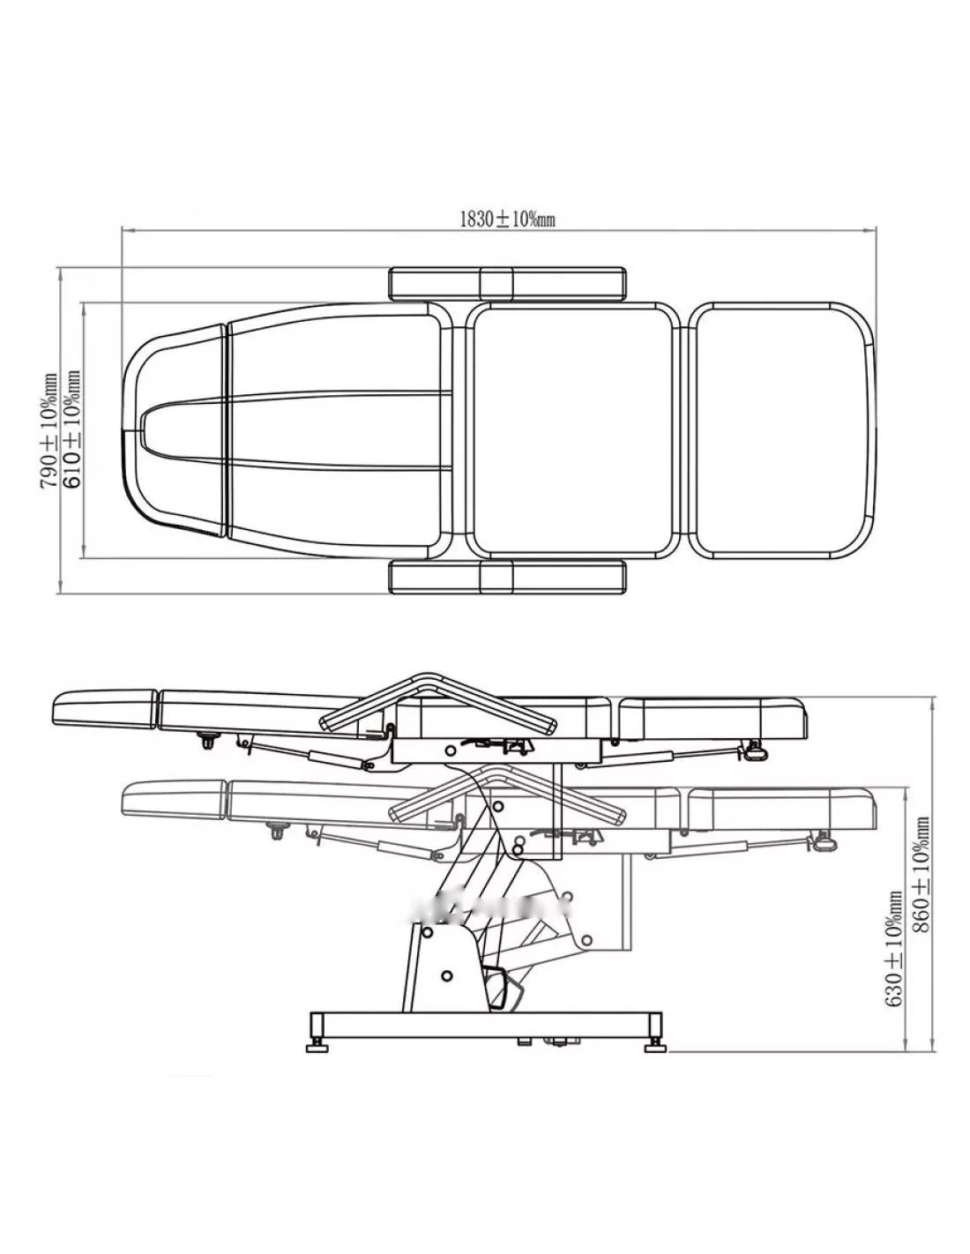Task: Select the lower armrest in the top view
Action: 507,577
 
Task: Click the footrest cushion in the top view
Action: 785,430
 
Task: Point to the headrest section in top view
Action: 173,430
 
